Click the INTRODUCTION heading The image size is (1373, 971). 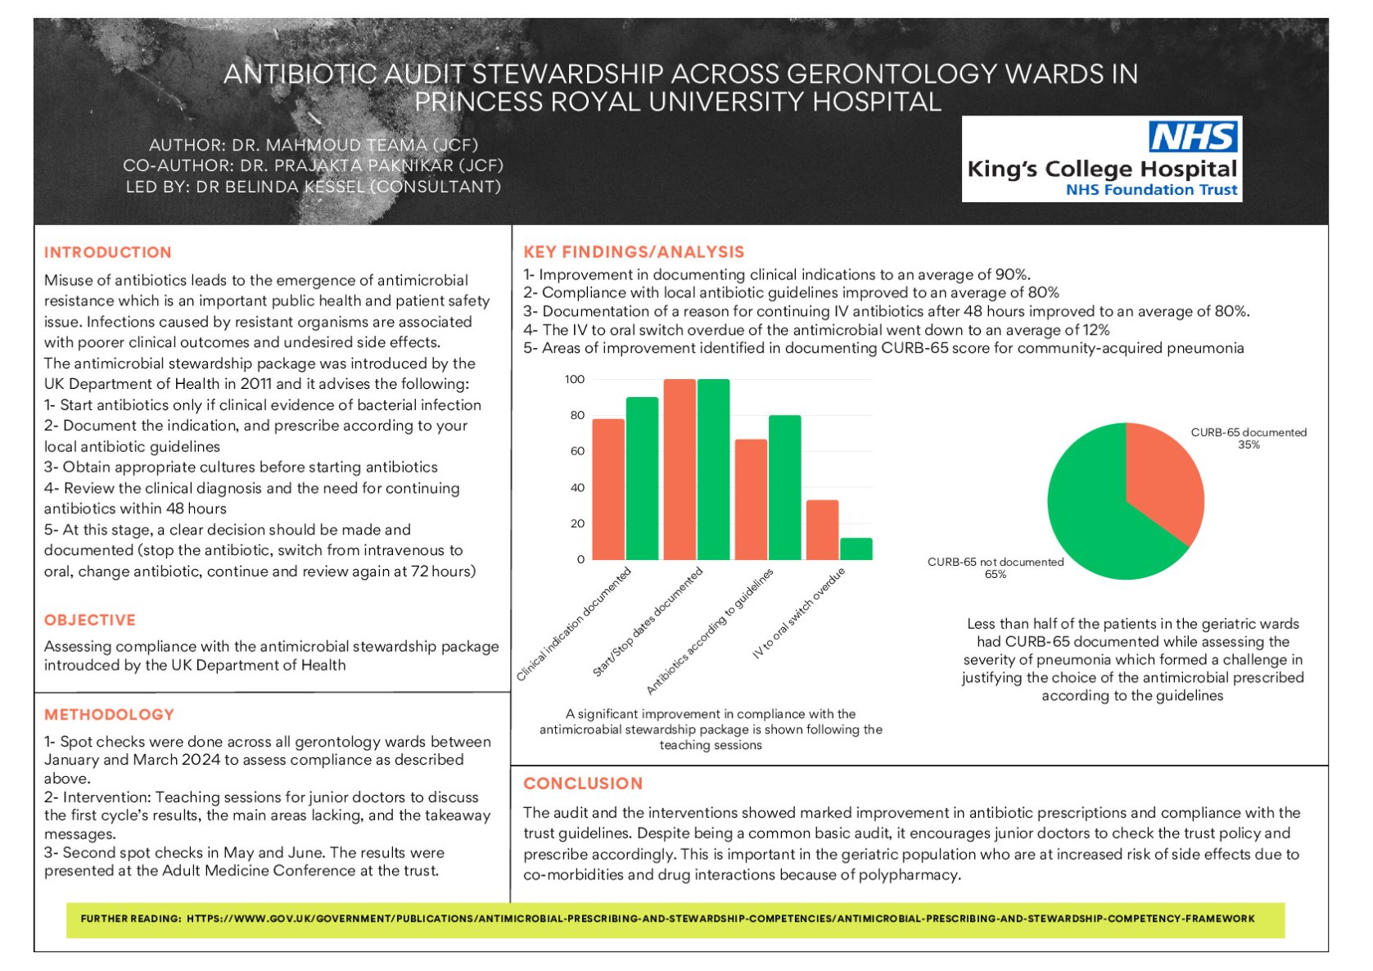[108, 252]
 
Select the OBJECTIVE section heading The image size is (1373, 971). [90, 620]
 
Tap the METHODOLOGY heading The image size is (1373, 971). [109, 715]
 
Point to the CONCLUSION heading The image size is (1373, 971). [583, 784]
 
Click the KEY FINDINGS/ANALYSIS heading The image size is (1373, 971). [634, 252]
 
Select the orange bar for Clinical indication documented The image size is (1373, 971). [608, 489]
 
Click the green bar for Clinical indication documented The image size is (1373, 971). [642, 478]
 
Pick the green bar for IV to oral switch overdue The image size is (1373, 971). [856, 549]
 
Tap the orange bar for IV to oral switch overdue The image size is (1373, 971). [822, 530]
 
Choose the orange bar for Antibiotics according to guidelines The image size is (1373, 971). [751, 499]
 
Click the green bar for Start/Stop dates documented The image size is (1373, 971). [713, 469]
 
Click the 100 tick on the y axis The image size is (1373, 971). [575, 379]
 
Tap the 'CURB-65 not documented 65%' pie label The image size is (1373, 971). [996, 567]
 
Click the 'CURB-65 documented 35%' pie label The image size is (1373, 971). [1249, 438]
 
